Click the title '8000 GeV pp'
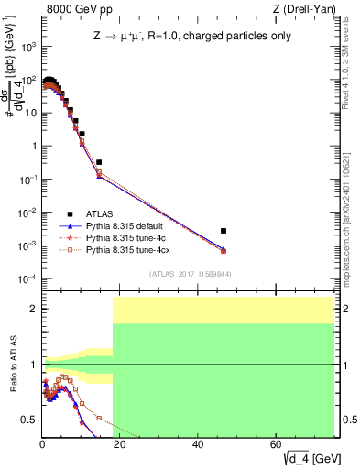(75, 8)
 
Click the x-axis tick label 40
(199, 444)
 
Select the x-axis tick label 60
(277, 444)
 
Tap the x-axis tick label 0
(42, 444)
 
